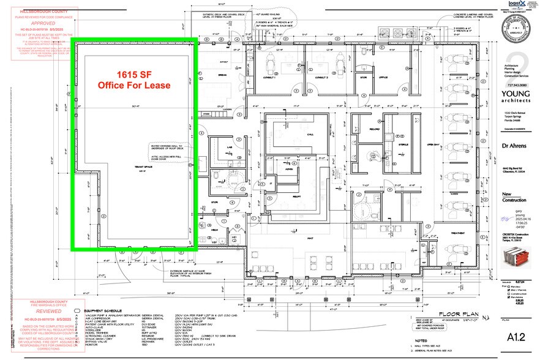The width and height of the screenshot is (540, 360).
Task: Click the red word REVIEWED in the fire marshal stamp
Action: [37, 310]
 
